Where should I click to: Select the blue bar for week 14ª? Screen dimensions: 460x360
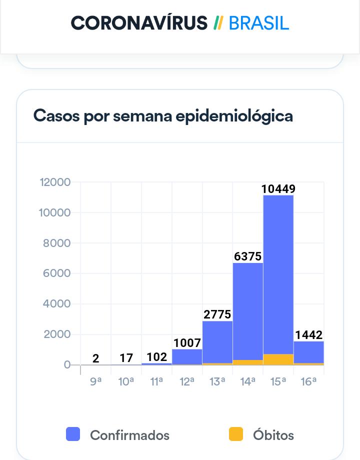(x=247, y=310)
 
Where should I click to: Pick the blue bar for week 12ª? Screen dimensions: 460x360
(x=187, y=356)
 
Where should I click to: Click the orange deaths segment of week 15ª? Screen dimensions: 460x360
(x=278, y=359)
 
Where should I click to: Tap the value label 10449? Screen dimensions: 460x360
(x=278, y=189)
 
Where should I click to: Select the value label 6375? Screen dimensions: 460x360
(x=248, y=256)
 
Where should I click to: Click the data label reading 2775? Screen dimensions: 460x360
(x=217, y=314)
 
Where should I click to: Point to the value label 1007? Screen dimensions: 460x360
(x=187, y=343)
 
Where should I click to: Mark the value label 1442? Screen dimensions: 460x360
(x=308, y=335)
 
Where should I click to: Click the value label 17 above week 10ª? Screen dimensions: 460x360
(x=126, y=358)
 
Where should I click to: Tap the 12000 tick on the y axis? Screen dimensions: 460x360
(x=55, y=182)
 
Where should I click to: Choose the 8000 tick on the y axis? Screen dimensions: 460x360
(x=57, y=243)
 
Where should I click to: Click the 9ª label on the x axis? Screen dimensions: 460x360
(x=96, y=382)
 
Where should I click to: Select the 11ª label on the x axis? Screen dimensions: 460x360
(x=156, y=382)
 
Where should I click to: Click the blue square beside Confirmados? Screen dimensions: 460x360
(x=73, y=434)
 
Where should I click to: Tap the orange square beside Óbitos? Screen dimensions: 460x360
(x=235, y=434)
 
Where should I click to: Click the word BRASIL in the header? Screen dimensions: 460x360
(x=259, y=23)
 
